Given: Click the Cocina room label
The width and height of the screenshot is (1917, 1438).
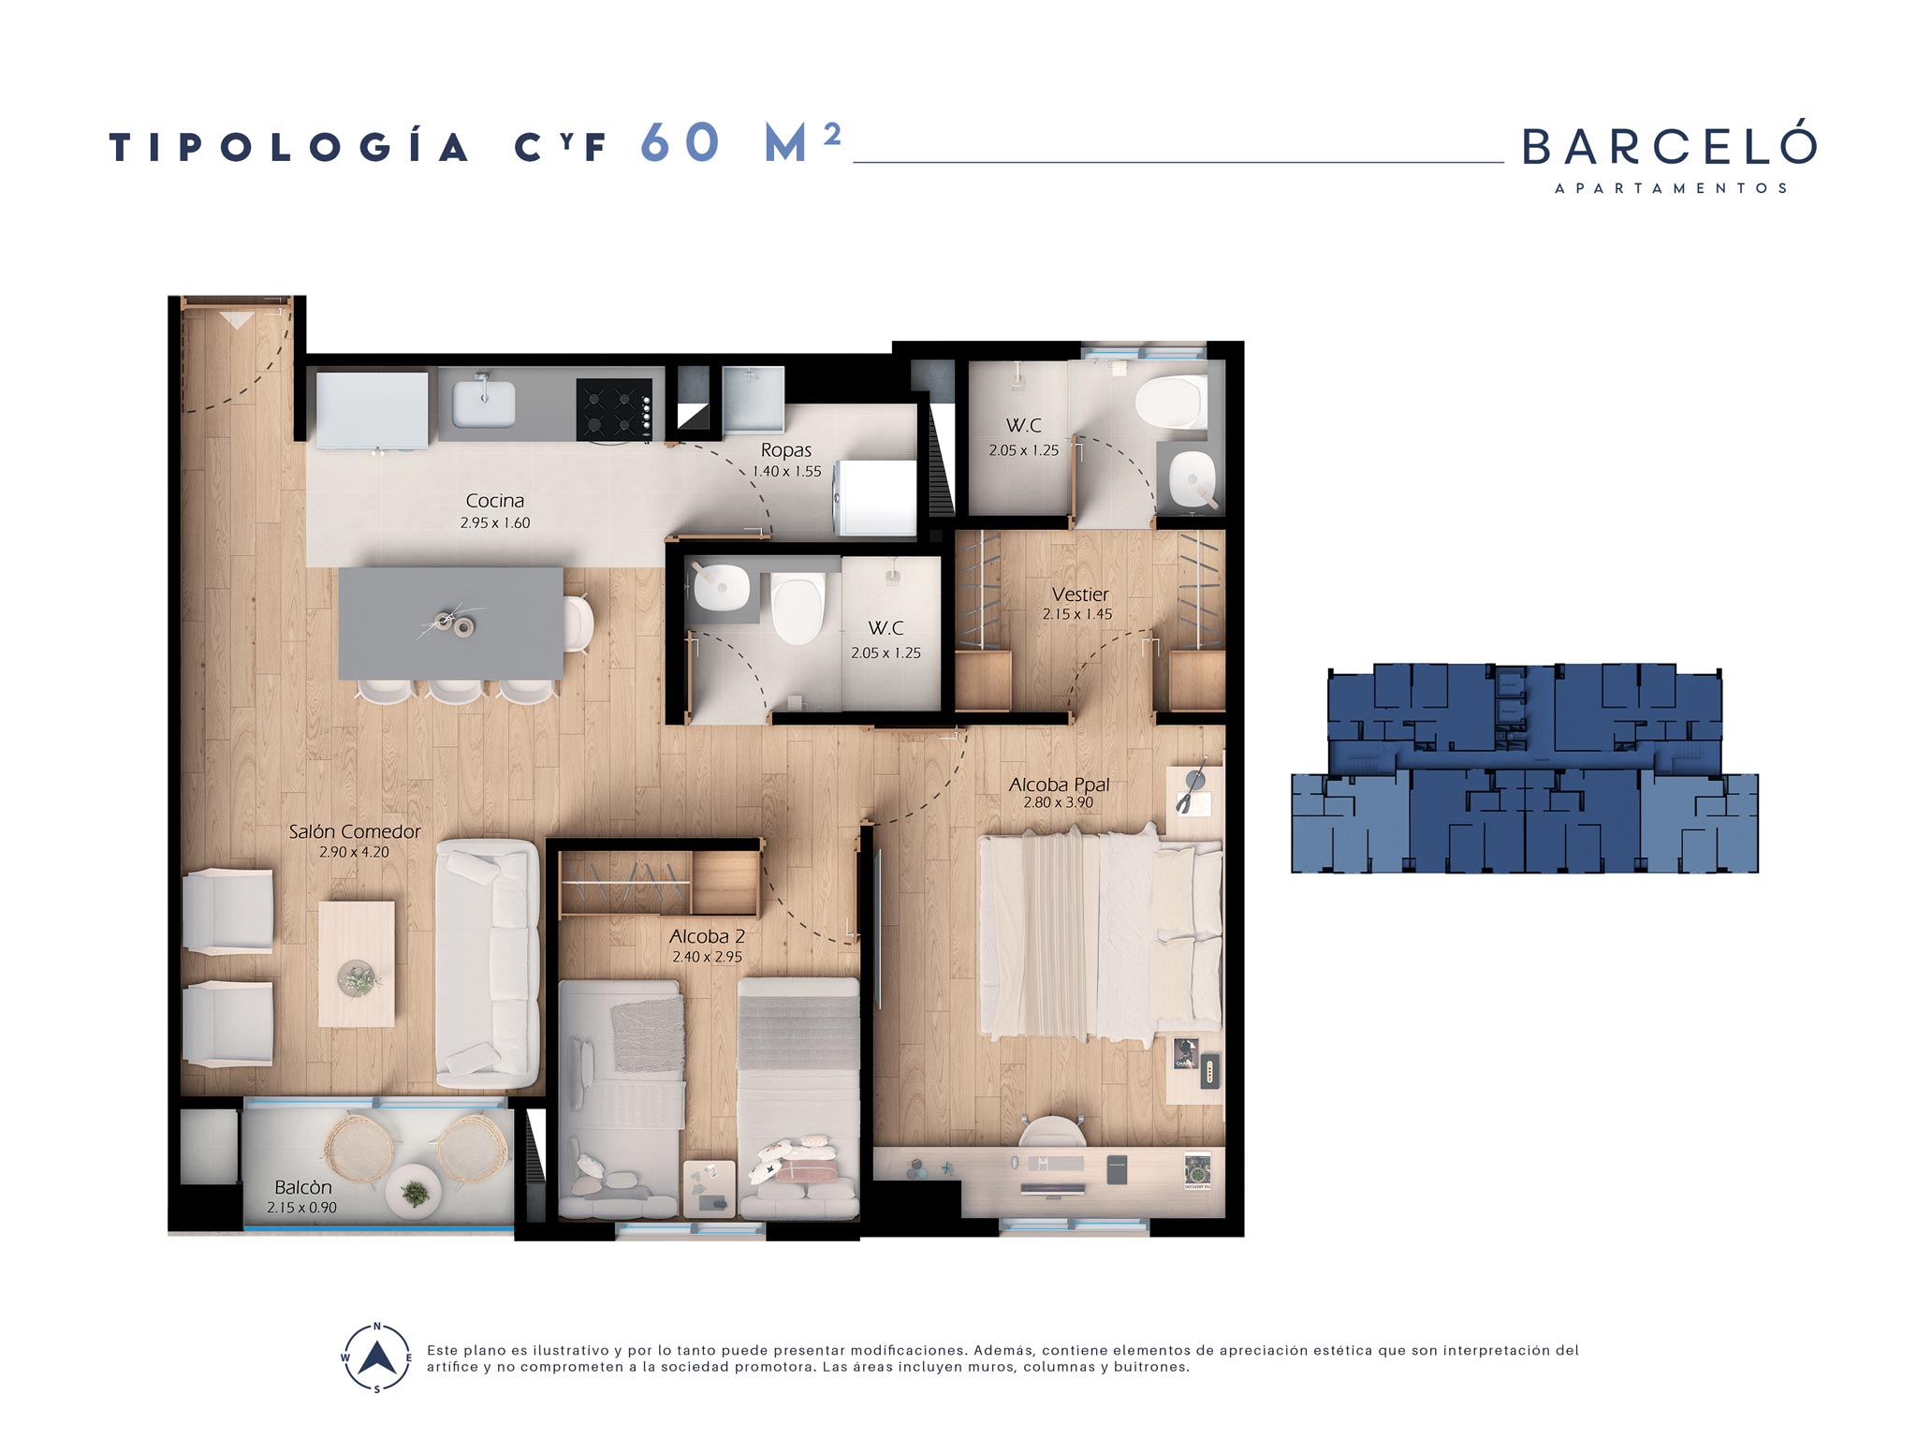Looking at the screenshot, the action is click(x=495, y=501).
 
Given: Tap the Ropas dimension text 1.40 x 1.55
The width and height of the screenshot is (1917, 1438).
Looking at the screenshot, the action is click(x=786, y=471).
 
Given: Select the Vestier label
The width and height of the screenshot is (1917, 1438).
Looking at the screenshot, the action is click(x=1079, y=594).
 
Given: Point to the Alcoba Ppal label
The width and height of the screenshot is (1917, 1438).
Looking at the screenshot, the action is click(x=1059, y=785).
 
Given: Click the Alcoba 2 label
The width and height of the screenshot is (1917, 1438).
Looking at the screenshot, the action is click(x=707, y=936).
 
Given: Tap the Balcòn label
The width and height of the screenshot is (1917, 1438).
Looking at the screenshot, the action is click(x=302, y=1187).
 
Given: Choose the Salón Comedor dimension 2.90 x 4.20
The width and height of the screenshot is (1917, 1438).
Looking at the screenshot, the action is click(x=354, y=852).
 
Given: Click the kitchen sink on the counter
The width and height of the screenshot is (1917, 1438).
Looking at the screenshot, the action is click(x=483, y=404).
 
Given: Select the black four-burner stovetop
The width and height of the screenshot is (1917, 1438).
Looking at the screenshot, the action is click(x=614, y=408).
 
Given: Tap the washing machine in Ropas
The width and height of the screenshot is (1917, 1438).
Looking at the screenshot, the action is click(x=874, y=498).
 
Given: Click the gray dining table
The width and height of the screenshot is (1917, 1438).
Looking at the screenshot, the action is click(x=451, y=624).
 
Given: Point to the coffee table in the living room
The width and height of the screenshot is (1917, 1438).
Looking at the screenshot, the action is click(x=357, y=964).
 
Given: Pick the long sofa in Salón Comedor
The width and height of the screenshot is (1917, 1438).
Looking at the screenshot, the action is click(x=488, y=963).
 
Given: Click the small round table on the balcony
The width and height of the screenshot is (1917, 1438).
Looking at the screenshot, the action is click(x=414, y=1191).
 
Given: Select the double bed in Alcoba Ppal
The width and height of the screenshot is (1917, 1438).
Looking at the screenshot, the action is click(x=1100, y=936).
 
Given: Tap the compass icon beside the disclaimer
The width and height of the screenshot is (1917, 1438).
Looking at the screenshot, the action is click(x=377, y=1357).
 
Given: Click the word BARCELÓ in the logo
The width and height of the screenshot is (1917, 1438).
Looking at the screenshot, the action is click(x=1670, y=146).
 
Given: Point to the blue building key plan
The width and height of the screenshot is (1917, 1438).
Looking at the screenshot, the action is click(x=1525, y=769).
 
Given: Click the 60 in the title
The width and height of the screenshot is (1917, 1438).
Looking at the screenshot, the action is click(x=680, y=143).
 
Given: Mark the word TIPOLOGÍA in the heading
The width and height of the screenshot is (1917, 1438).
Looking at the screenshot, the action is click(x=289, y=147).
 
